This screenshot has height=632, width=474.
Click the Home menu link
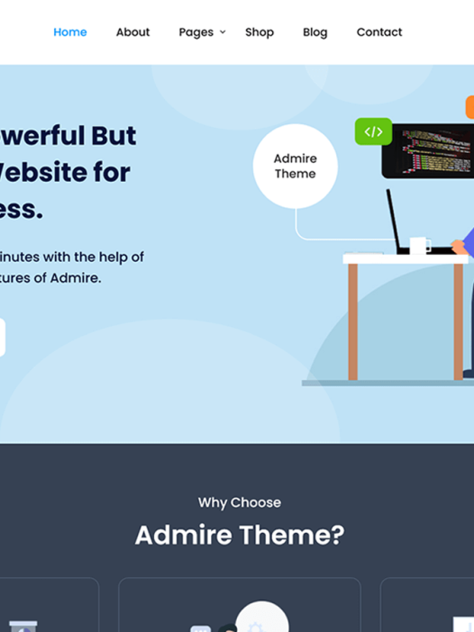coord(70,32)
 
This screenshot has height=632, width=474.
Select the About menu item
coord(132,32)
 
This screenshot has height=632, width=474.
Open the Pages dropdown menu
coord(196,32)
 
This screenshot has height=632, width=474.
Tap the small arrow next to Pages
coord(223,32)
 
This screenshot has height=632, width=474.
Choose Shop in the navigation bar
coord(260,32)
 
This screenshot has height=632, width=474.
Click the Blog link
coord(315,32)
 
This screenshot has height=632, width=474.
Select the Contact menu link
coord(379,32)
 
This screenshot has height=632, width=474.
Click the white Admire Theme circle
coord(296,167)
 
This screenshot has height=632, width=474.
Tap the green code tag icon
coord(373,131)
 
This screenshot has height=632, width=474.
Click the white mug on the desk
coord(419,245)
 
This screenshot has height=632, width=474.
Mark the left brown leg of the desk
coord(353,321)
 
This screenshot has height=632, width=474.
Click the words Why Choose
coord(240,502)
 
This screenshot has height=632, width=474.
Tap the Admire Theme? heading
coord(240,535)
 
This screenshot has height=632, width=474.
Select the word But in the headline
coord(114,136)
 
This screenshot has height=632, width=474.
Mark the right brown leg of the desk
coord(458,321)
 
